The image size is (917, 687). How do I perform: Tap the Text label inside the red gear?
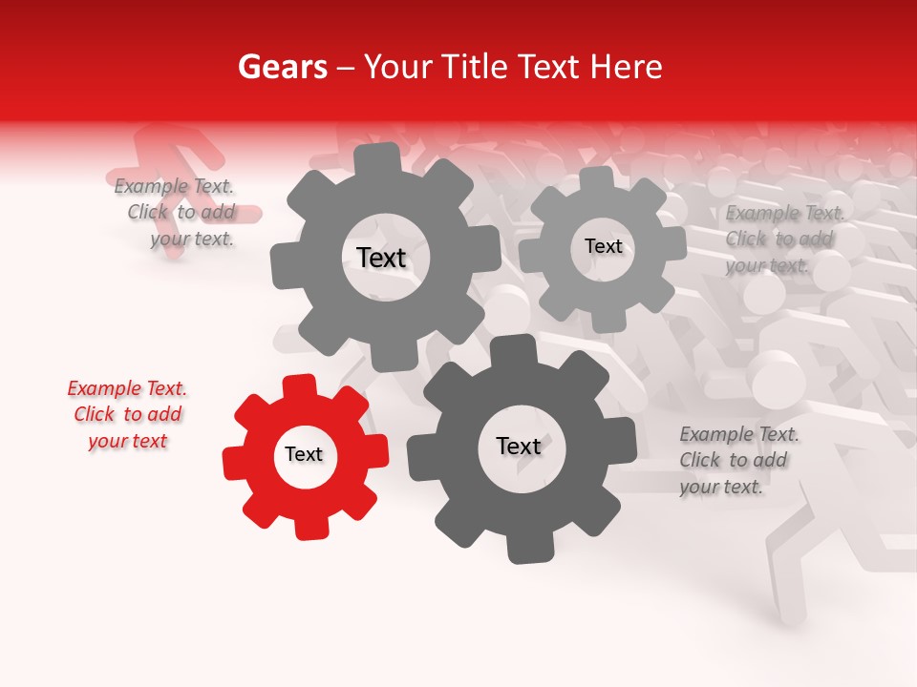click(304, 455)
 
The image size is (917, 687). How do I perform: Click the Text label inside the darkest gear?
click(519, 447)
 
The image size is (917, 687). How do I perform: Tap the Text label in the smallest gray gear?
click(604, 246)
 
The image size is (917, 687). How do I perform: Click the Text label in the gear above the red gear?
click(381, 258)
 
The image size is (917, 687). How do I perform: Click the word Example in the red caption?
click(105, 388)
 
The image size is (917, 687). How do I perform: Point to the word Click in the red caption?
click(95, 414)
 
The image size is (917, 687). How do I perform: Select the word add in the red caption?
click(165, 414)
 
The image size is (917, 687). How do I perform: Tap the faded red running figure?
click(177, 153)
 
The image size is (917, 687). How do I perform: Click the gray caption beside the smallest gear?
click(784, 239)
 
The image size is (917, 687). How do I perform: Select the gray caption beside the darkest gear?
click(738, 460)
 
